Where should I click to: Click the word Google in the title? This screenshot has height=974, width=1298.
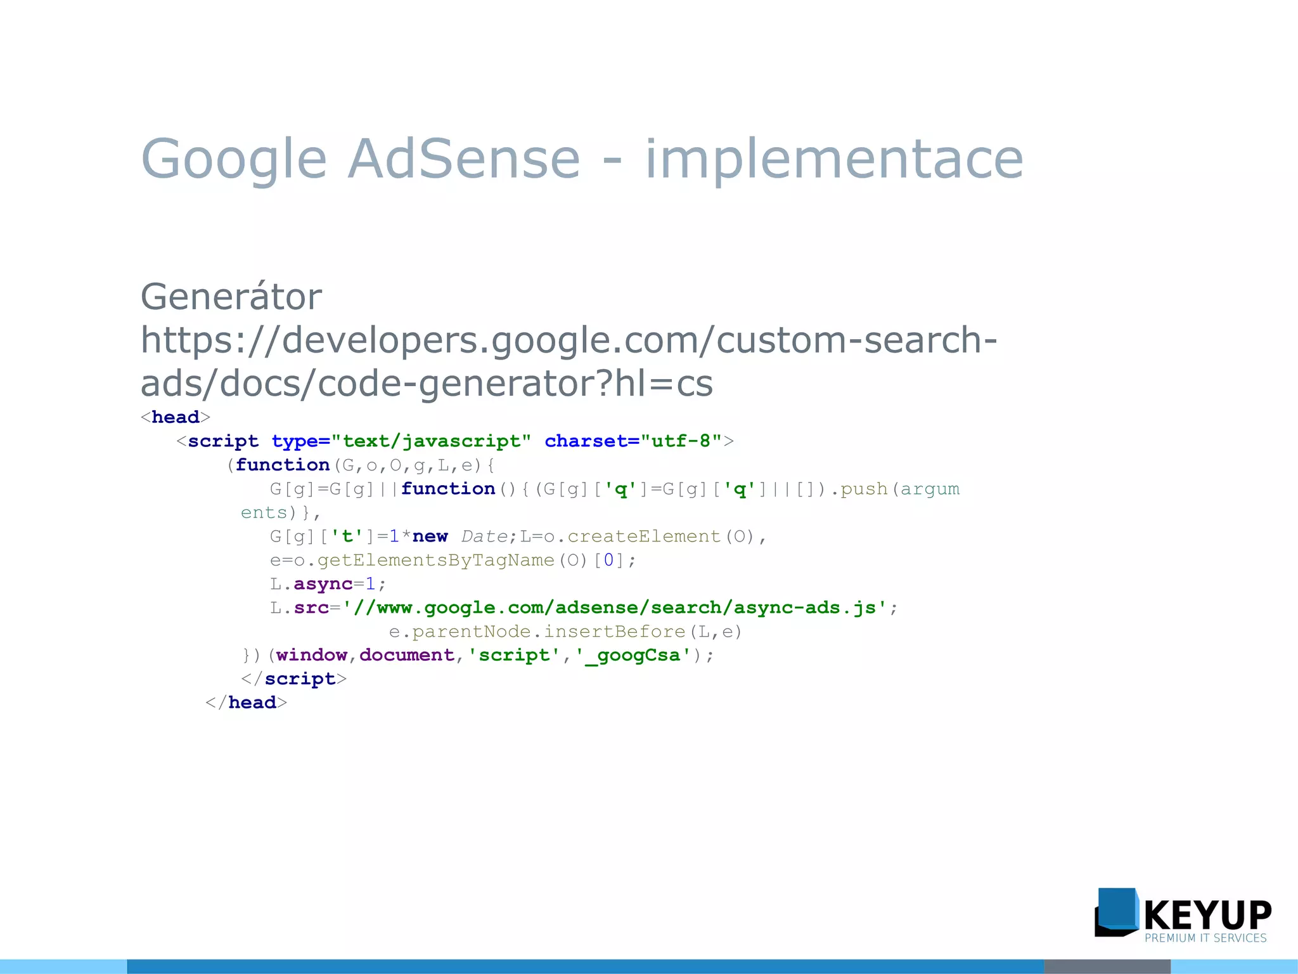tap(233, 159)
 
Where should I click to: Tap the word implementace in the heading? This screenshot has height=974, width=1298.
tap(833, 159)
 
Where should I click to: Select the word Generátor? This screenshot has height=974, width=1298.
tap(231, 297)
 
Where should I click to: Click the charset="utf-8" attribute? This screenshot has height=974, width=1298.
tap(633, 441)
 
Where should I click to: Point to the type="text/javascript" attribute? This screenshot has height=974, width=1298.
tap(401, 441)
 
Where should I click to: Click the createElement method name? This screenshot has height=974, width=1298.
tap(643, 537)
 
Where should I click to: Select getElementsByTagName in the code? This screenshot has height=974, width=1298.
tap(435, 561)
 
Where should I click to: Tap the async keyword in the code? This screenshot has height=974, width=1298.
tap(323, 584)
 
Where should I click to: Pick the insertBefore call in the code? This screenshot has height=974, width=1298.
tap(614, 632)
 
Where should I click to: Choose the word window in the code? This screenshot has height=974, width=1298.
tap(311, 656)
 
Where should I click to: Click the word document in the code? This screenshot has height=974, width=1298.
tap(407, 656)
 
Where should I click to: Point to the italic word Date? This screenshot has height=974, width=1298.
tap(484, 537)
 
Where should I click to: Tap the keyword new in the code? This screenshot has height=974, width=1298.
tap(430, 537)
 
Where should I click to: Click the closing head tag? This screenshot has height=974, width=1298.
tap(246, 703)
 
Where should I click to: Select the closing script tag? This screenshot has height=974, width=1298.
tap(293, 679)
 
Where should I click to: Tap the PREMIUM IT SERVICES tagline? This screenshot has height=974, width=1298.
tap(1205, 938)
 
